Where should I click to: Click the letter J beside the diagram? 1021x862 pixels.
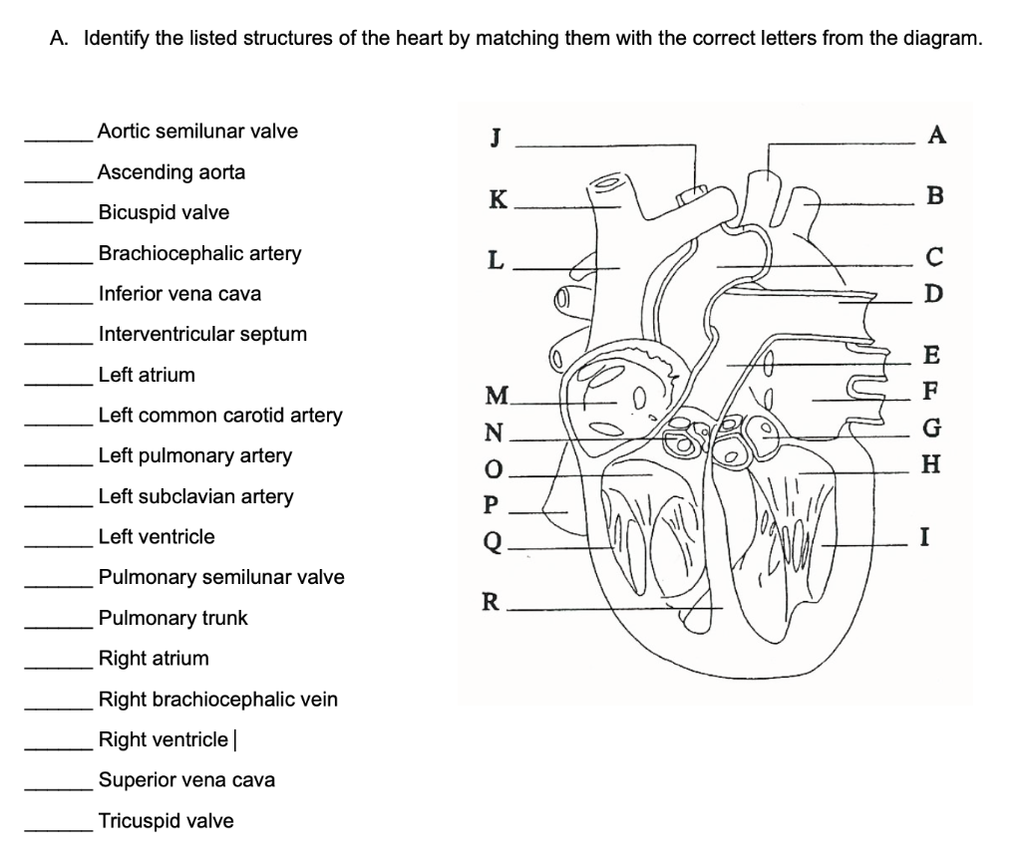point(495,138)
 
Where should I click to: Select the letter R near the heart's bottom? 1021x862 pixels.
point(490,601)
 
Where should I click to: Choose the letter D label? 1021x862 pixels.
point(932,295)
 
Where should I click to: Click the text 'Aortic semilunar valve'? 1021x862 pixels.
point(197,132)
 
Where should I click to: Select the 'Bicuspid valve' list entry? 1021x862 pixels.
point(164,213)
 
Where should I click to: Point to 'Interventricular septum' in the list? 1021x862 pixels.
point(202,335)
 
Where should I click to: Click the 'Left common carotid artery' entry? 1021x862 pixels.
point(220,416)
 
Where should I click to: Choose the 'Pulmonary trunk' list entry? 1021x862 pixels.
point(172,619)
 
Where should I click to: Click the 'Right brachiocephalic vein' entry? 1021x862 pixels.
point(217,700)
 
